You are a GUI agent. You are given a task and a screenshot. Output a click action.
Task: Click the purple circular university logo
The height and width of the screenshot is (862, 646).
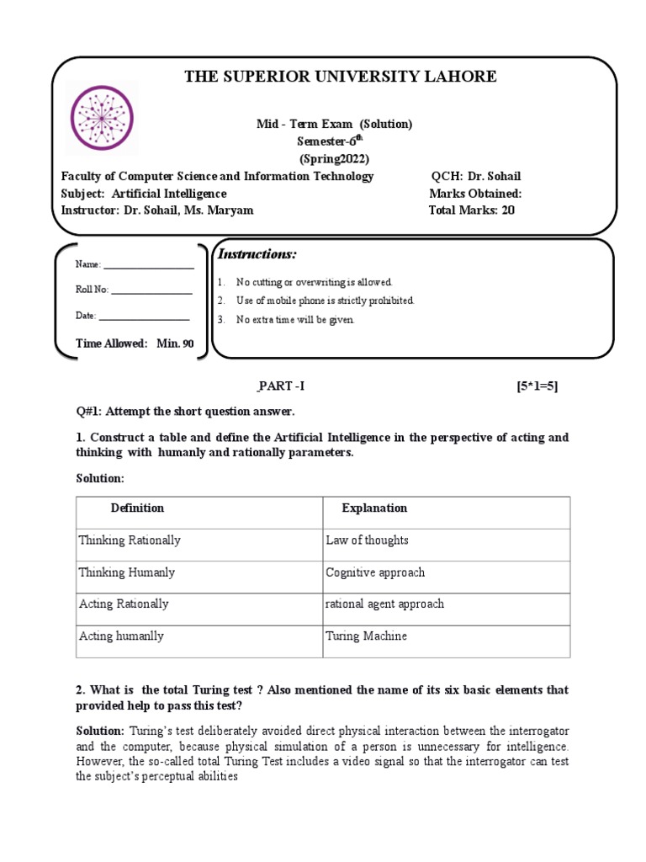click(x=102, y=119)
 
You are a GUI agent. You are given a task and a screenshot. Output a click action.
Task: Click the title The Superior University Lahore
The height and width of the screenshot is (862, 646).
click(x=341, y=77)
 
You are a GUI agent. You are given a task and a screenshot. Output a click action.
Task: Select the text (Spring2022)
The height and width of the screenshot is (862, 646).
click(x=334, y=158)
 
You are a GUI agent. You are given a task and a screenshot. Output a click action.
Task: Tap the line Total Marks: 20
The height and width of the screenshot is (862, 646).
click(x=471, y=210)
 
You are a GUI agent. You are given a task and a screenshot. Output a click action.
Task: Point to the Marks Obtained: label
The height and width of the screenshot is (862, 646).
click(x=474, y=193)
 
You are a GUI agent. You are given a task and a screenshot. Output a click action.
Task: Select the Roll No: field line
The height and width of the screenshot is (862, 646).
click(x=151, y=291)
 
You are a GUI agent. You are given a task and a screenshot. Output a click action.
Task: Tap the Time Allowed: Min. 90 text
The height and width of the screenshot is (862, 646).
click(x=135, y=343)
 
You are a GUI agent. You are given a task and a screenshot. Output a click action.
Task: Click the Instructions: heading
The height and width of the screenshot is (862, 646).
click(x=257, y=254)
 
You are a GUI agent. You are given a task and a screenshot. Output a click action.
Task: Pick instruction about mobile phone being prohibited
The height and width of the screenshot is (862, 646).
click(x=325, y=301)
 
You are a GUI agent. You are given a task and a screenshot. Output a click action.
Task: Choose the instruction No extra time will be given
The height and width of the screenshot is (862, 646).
click(x=295, y=320)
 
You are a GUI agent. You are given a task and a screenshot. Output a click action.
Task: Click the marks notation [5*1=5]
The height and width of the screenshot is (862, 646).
click(x=537, y=386)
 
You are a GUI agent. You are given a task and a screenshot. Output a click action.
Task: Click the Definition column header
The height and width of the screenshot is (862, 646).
click(x=137, y=508)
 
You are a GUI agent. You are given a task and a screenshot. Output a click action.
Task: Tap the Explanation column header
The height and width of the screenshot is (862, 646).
click(x=373, y=508)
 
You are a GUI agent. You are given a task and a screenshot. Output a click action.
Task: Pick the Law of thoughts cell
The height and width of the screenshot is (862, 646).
click(x=367, y=540)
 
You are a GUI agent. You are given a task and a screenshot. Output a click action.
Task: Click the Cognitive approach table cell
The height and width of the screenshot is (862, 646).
click(x=375, y=572)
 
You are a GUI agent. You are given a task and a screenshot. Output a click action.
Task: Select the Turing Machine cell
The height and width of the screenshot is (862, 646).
click(x=366, y=636)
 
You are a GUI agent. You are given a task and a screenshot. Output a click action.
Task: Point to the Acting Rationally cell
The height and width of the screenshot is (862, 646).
click(x=124, y=604)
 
